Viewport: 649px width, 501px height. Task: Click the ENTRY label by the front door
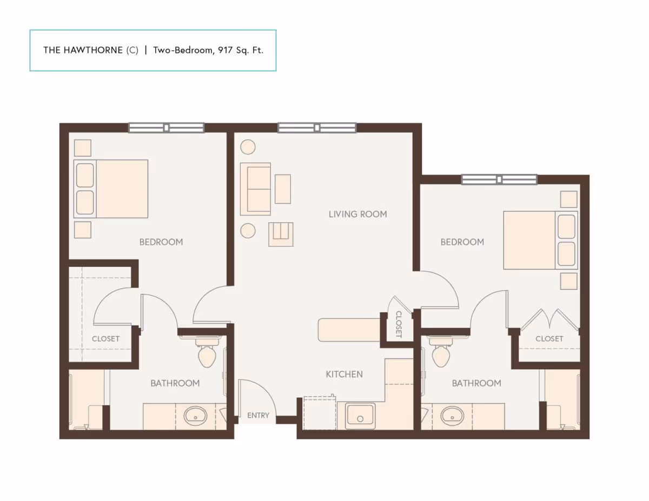(258, 416)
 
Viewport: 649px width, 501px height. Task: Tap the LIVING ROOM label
(357, 214)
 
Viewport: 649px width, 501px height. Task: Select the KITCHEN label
(344, 374)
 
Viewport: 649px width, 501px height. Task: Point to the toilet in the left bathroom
(208, 354)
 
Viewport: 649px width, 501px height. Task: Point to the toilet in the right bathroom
(441, 354)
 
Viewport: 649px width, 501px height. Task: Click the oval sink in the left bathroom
(195, 416)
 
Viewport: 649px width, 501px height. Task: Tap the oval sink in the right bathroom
(452, 416)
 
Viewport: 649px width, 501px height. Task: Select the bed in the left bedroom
(111, 189)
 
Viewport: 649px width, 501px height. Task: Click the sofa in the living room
(255, 188)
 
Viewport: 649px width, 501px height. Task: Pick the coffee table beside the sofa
(283, 189)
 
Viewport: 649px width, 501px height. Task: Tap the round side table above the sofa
(248, 148)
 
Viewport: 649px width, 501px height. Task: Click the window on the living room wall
(317, 128)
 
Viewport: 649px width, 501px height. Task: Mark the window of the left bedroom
(166, 128)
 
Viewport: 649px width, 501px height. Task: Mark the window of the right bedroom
(499, 179)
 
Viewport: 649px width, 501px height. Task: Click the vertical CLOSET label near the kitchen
(399, 324)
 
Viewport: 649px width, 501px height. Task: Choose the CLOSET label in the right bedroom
(549, 339)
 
